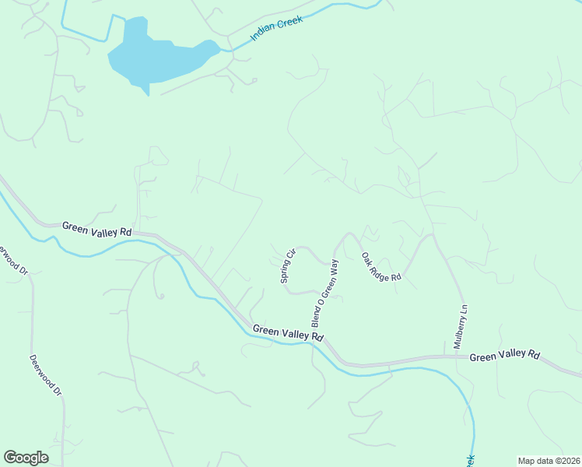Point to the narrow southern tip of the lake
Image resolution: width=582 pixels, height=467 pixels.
click(145, 92)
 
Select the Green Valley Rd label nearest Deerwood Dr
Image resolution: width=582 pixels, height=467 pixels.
click(97, 228)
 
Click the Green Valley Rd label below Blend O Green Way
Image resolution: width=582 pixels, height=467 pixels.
click(288, 333)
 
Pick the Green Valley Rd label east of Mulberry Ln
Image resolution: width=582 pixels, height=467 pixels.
click(504, 355)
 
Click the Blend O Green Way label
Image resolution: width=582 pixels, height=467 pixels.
click(326, 293)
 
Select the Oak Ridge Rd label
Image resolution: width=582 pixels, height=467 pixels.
click(380, 266)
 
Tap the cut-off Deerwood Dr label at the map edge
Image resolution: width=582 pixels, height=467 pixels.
click(11, 261)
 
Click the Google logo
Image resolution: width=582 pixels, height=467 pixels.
click(26, 458)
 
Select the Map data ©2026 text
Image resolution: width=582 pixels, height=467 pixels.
click(548, 460)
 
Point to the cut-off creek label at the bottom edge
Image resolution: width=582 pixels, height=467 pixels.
click(470, 462)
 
